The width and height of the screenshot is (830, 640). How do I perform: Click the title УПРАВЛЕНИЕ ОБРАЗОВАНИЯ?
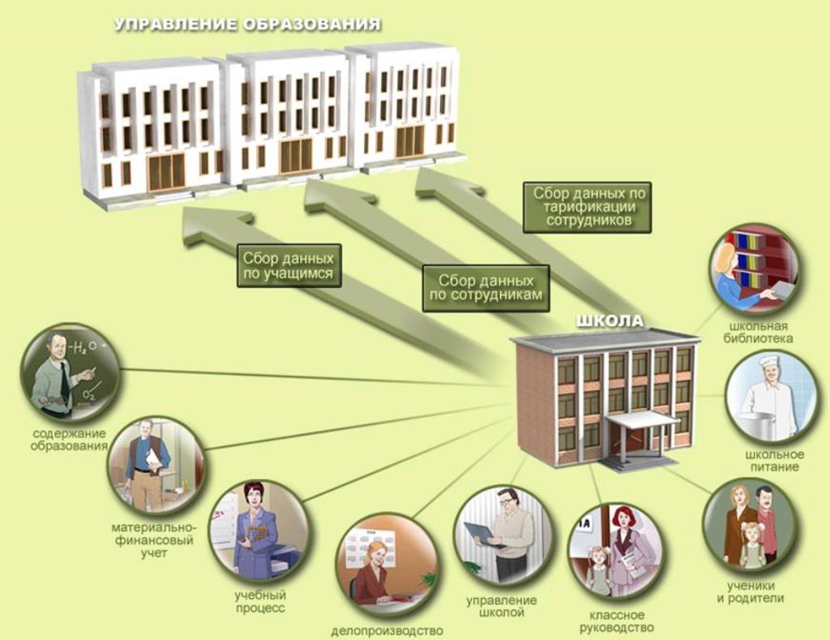pyautogui.click(x=248, y=24)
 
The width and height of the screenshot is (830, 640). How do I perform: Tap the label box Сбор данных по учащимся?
pyautogui.click(x=289, y=265)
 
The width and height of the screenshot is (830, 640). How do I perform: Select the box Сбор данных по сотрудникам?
pyautogui.click(x=486, y=288)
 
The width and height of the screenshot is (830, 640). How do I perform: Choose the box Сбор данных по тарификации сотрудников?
pyautogui.click(x=587, y=207)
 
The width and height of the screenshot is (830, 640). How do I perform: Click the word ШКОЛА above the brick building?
pyautogui.click(x=610, y=320)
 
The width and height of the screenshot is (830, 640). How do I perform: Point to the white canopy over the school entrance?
pyautogui.click(x=642, y=419)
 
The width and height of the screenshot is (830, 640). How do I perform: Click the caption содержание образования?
pyautogui.click(x=69, y=440)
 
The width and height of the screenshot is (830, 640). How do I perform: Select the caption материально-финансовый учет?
pyautogui.click(x=154, y=540)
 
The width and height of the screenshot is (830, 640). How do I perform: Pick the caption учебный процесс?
pyautogui.click(x=260, y=602)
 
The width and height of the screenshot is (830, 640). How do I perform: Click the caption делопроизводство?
pyautogui.click(x=387, y=631)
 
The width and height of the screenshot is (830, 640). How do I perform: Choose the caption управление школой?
pyautogui.click(x=501, y=607)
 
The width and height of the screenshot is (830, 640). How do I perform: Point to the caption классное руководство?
pyautogui.click(x=617, y=621)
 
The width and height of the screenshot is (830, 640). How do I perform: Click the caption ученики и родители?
pyautogui.click(x=751, y=592)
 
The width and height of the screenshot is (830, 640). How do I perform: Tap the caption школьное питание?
pyautogui.click(x=774, y=461)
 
